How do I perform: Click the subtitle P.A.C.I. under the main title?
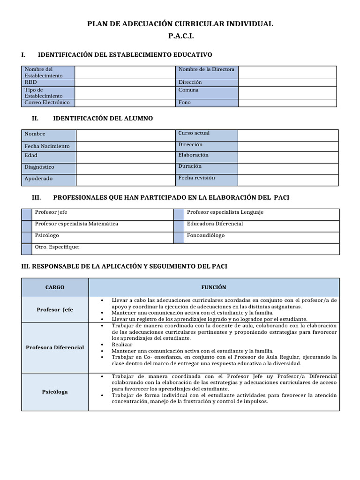(180, 36)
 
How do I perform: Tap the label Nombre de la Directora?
(206, 69)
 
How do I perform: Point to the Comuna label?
(188, 90)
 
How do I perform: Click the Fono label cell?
(185, 102)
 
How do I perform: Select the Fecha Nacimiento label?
(47, 146)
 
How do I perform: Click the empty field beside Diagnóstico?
(126, 167)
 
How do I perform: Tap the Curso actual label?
(194, 133)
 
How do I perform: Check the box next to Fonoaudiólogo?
(178, 237)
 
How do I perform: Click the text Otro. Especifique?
(57, 247)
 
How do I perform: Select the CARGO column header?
(55, 287)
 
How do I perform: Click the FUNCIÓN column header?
(213, 287)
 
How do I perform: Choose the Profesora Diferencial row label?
(55, 347)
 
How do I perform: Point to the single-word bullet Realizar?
(122, 345)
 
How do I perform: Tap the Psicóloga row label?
(55, 391)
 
